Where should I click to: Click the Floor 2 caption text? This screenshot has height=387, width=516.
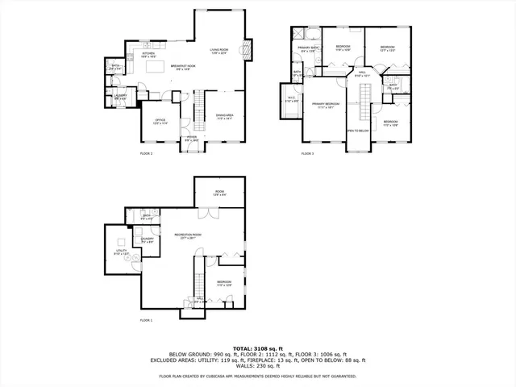146,153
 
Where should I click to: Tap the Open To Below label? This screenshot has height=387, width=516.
358,130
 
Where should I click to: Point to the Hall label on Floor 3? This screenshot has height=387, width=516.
362,74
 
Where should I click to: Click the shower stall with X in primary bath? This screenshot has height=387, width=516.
299,35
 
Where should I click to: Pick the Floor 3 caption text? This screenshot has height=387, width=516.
308,153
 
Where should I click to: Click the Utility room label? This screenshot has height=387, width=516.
120,253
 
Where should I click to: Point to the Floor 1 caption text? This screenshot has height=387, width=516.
146,321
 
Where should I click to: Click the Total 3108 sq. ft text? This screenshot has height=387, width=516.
257,346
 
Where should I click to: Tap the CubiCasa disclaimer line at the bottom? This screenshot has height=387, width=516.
257,376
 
